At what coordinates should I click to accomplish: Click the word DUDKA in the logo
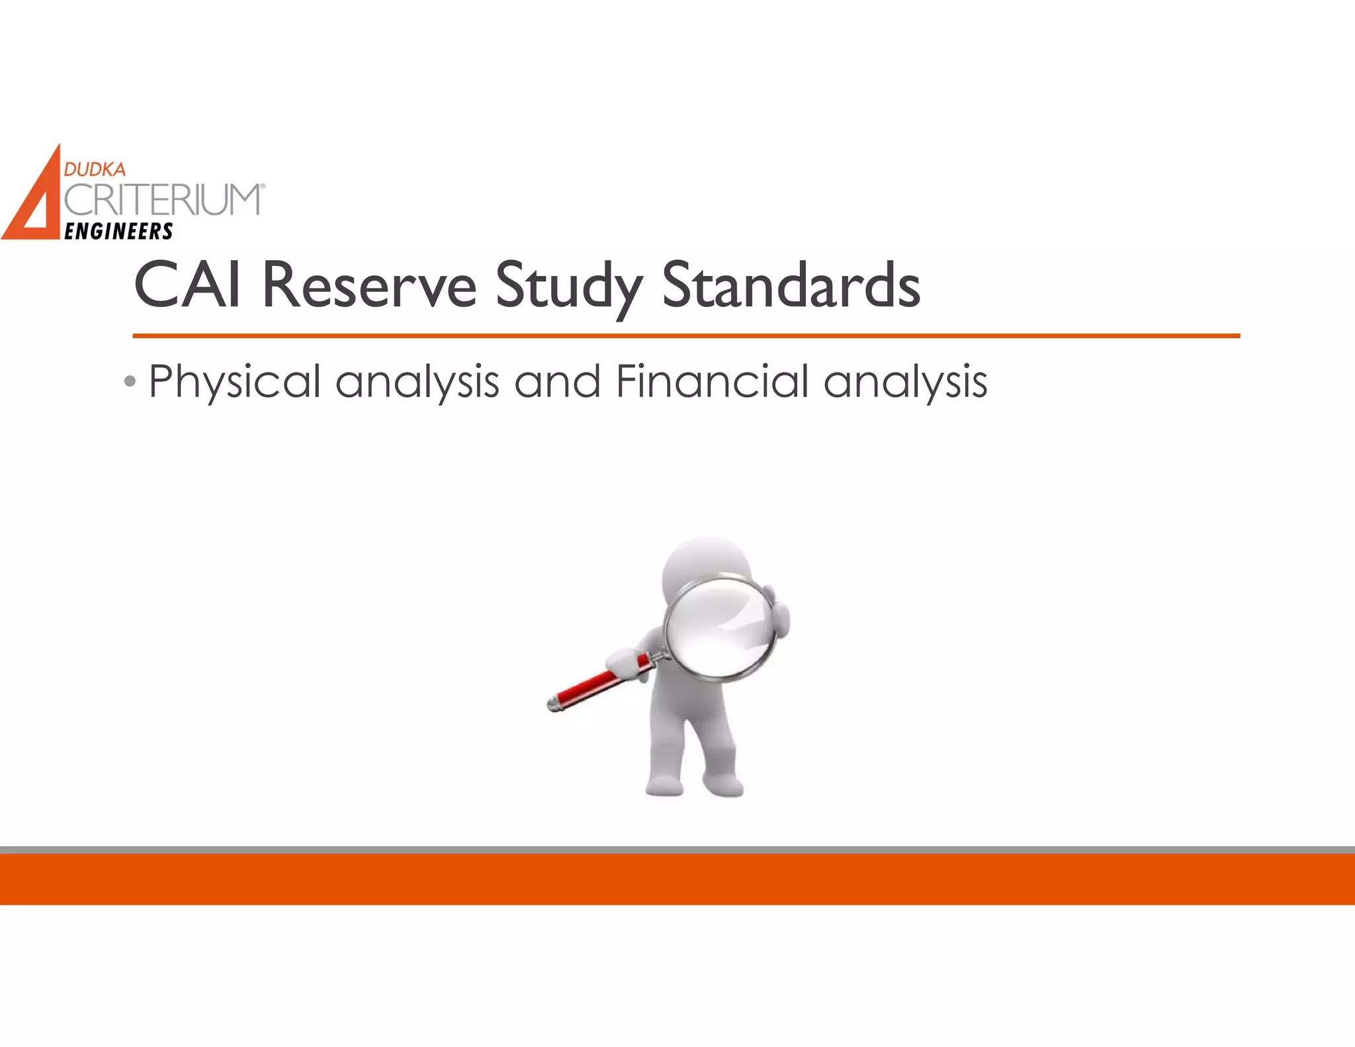click(x=95, y=169)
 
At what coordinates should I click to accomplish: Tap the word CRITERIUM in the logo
click(x=163, y=200)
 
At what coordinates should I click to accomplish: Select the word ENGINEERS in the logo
click(x=118, y=231)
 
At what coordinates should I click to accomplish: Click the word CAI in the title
click(x=187, y=286)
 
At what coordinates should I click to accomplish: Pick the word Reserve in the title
click(x=369, y=286)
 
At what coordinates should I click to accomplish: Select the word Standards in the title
click(x=791, y=286)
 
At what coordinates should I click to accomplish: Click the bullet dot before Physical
click(x=130, y=382)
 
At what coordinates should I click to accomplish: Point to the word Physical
click(x=235, y=382)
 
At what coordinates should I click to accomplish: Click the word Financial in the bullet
click(x=712, y=382)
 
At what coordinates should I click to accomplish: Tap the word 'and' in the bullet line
click(x=557, y=382)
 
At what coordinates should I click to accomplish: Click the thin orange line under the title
click(x=685, y=336)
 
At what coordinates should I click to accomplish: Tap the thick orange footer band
click(x=677, y=879)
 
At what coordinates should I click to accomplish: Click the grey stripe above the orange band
click(x=677, y=850)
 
